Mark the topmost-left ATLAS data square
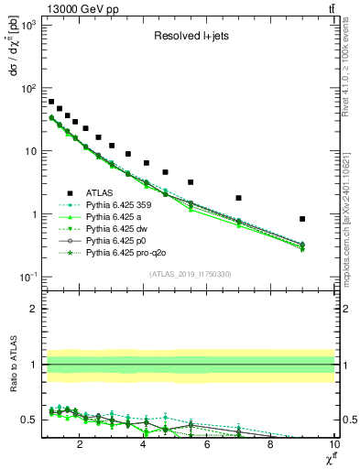pyautogui.click(x=51, y=102)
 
